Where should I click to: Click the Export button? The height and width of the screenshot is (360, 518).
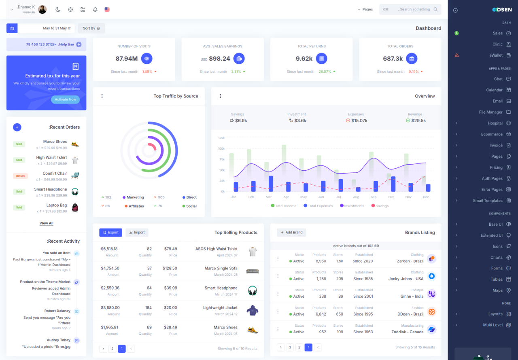click(x=110, y=233)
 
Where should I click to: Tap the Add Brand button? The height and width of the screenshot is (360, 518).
click(x=291, y=233)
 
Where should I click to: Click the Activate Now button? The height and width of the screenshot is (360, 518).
click(x=65, y=100)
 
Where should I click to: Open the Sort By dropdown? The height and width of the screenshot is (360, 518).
click(x=91, y=28)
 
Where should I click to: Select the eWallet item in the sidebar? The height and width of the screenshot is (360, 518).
click(x=496, y=55)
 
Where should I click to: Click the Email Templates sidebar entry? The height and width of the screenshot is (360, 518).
click(x=488, y=201)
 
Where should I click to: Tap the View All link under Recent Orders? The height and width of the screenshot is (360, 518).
click(x=47, y=223)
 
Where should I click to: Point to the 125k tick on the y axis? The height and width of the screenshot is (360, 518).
click(x=221, y=138)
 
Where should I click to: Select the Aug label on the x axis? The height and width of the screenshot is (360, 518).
click(x=356, y=197)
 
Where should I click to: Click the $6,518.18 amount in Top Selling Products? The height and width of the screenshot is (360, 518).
click(x=109, y=249)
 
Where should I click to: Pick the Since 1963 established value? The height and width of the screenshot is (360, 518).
click(x=363, y=332)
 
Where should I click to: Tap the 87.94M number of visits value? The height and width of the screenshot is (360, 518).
click(x=127, y=59)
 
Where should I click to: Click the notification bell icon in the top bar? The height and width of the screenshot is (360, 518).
click(x=95, y=9)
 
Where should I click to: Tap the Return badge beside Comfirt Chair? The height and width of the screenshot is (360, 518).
click(x=20, y=176)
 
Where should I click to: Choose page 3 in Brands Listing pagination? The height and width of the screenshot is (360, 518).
click(x=290, y=347)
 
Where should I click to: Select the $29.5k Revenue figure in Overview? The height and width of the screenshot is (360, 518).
click(x=418, y=121)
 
